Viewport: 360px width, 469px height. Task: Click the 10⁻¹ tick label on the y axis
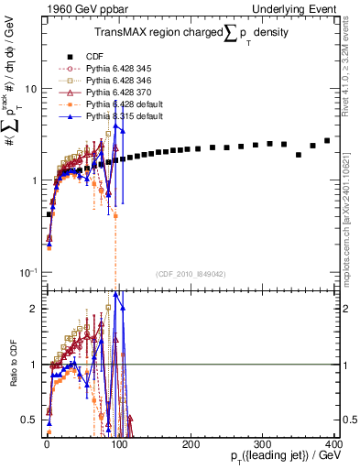point(28,272)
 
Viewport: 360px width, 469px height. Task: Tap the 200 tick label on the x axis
point(189,442)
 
